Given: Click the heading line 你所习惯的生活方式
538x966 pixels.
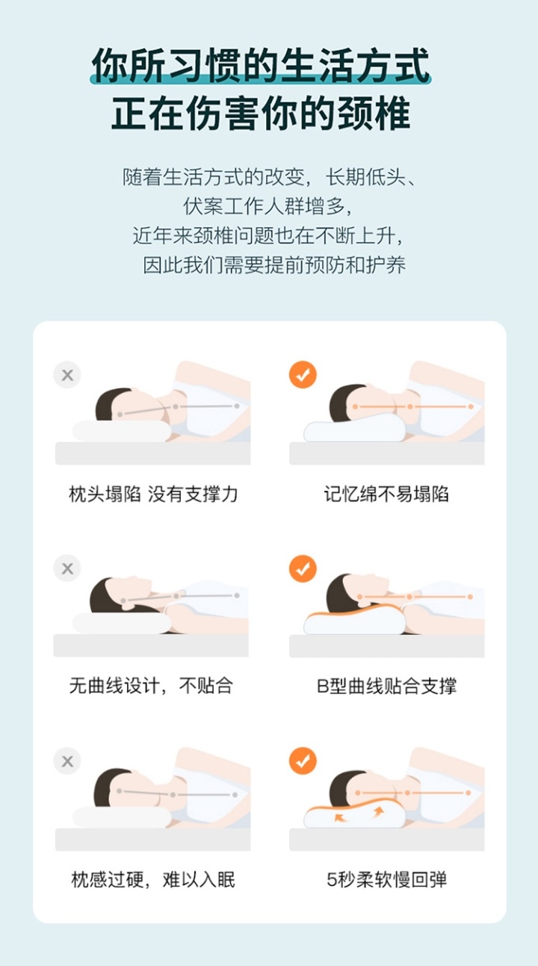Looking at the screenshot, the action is click(x=261, y=66).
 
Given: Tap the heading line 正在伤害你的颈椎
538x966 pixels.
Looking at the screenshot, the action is click(x=261, y=114).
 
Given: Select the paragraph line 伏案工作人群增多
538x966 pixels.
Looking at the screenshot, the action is click(x=268, y=206).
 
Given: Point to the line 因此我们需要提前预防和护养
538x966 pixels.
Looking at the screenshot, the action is click(x=274, y=264).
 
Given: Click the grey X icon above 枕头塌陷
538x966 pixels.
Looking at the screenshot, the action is click(x=67, y=375).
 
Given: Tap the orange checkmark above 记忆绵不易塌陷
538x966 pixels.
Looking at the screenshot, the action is click(x=303, y=374).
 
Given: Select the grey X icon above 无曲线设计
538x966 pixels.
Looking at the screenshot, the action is click(x=67, y=569).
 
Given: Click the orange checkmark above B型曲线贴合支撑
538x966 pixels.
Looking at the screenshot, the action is click(x=303, y=569).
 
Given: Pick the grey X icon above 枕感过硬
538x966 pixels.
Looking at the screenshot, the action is click(x=67, y=761).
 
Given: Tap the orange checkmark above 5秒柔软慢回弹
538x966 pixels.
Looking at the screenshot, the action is click(x=303, y=761).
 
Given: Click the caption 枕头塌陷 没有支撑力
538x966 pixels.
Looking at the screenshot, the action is click(x=153, y=494).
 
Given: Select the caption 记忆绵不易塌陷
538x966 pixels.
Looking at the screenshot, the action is click(x=386, y=494).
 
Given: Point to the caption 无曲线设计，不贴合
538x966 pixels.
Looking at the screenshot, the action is click(x=152, y=686).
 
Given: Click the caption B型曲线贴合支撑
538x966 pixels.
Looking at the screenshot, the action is click(x=386, y=686).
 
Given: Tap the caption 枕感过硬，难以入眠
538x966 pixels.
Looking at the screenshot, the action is click(x=153, y=879).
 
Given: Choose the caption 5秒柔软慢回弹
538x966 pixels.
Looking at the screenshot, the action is click(x=386, y=879).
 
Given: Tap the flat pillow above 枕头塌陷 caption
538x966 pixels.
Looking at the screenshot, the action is click(x=122, y=431).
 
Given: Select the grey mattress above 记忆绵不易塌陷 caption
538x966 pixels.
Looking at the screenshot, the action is click(x=386, y=453).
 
